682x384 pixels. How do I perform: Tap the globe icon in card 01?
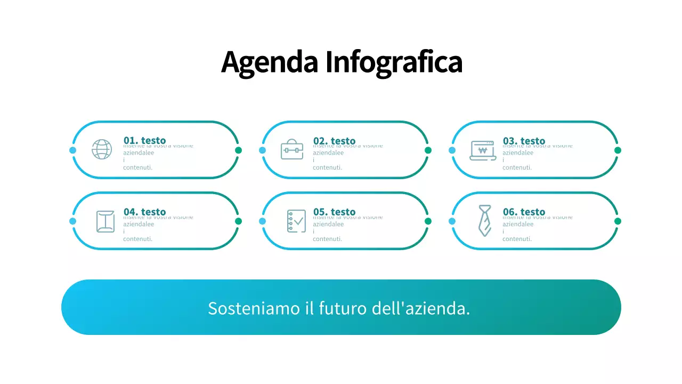[x=102, y=149]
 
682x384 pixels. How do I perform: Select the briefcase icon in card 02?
[x=292, y=149]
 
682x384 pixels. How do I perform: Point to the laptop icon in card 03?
[x=483, y=150]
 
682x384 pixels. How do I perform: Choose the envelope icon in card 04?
[x=105, y=221]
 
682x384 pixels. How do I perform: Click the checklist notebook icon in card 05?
[x=296, y=221]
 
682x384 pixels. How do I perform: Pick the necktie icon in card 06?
[x=484, y=221]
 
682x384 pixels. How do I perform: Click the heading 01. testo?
[x=144, y=140]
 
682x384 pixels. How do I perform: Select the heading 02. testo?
[x=334, y=140]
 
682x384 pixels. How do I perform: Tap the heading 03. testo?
[x=524, y=140]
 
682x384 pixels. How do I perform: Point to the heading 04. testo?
[x=144, y=212]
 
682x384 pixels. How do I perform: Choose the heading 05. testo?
[x=334, y=212]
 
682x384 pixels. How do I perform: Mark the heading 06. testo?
[x=524, y=212]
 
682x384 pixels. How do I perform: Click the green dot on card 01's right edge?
[x=238, y=150]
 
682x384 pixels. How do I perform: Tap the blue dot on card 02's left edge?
[x=262, y=150]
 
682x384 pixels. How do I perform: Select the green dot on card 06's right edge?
[x=618, y=221]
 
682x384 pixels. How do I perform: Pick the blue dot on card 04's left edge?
[x=73, y=221]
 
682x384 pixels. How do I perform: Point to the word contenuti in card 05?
[x=327, y=239]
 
